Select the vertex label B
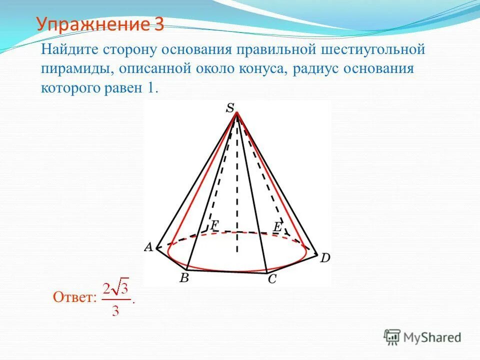tap(184, 278)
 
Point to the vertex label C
tap(272, 279)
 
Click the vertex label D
tap(325, 258)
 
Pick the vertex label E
tap(277, 226)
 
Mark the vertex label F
tap(214, 225)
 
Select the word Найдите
tap(70, 50)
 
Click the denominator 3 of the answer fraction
tap(115, 311)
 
